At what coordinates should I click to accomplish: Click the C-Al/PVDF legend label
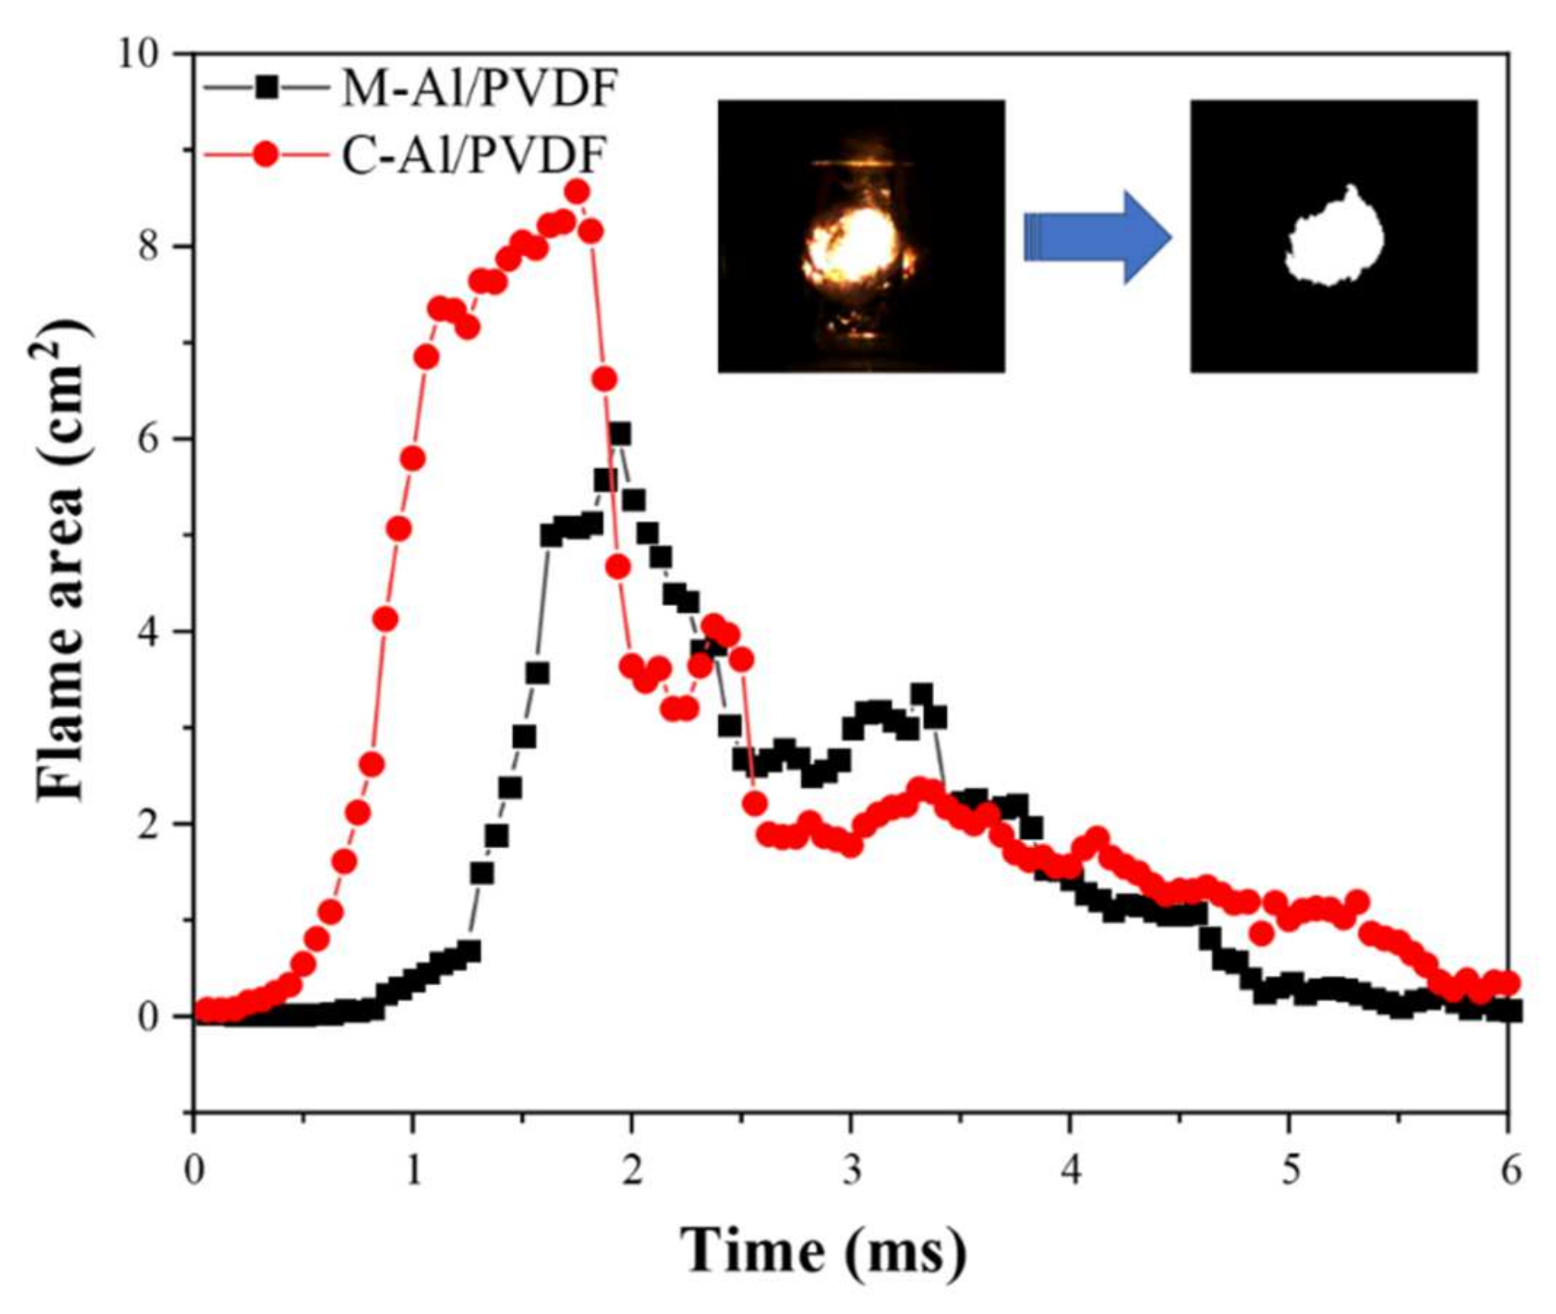tap(472, 156)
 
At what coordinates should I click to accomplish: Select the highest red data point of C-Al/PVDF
tap(577, 191)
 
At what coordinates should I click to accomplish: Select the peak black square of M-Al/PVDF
tap(619, 434)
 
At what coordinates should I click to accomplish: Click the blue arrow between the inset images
tap(1096, 237)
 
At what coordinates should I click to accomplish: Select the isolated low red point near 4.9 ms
tap(1261, 934)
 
